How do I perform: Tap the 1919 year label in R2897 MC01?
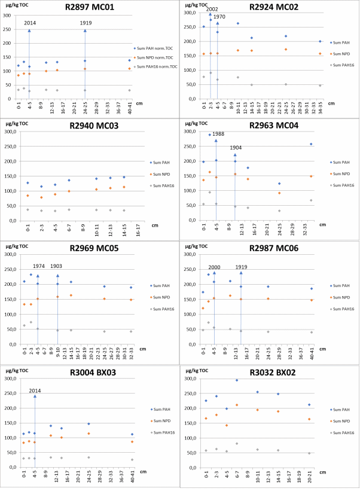coord(86,23)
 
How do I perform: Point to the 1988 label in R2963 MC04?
coord(219,134)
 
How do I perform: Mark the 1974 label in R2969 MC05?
coord(39,266)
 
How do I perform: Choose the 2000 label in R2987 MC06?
coord(215,267)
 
